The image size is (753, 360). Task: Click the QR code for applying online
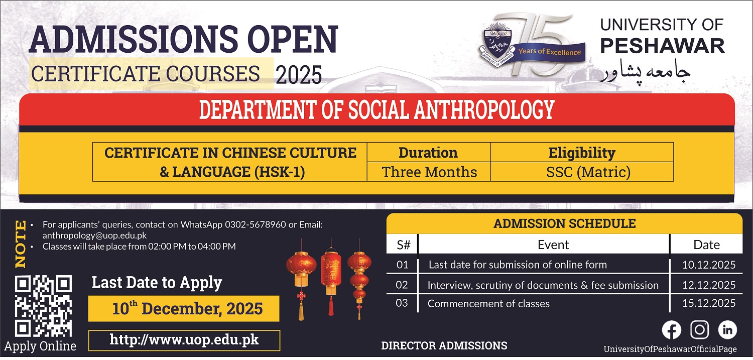[x=43, y=306]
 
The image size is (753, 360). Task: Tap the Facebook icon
[x=671, y=330]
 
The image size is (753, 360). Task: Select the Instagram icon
[x=700, y=330]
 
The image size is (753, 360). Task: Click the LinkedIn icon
[x=727, y=330]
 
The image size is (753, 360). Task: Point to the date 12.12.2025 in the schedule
[x=709, y=285]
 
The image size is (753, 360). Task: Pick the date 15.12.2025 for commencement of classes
[x=709, y=303]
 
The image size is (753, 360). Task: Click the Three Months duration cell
[x=429, y=172]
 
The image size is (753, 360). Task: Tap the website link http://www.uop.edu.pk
[x=184, y=340]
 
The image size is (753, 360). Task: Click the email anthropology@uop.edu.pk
[x=94, y=235]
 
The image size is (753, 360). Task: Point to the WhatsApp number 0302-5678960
[x=256, y=224]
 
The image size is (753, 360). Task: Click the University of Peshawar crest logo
[x=497, y=44]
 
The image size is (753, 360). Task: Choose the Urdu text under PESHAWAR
[x=646, y=72]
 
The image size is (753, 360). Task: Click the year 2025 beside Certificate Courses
[x=299, y=75]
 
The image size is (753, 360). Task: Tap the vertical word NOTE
[x=21, y=244]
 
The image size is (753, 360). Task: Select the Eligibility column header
[x=582, y=153]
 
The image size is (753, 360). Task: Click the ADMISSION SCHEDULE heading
[x=565, y=223]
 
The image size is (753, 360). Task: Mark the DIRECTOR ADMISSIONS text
[x=444, y=345]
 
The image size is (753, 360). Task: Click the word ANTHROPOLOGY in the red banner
[x=484, y=109]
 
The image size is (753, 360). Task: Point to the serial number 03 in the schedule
[x=402, y=303]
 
